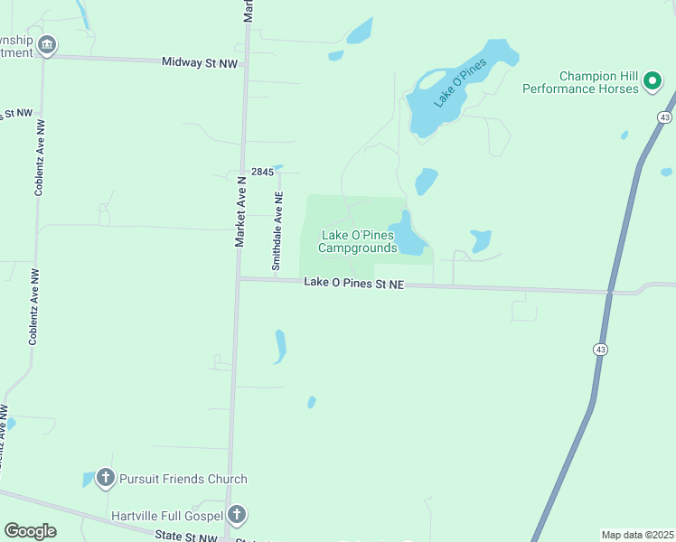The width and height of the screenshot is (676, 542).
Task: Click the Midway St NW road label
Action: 200,61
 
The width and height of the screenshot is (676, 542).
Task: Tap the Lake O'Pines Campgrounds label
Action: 359,241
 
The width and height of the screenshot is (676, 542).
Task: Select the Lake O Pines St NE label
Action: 353,283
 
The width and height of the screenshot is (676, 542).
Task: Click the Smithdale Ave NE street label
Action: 278,231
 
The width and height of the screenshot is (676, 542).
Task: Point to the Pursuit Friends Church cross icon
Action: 106,479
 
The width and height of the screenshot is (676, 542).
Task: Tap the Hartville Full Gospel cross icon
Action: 236,516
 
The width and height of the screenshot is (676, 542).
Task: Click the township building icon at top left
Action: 47,44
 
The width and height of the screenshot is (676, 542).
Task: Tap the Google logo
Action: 30,531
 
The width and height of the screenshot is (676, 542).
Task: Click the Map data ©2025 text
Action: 637,535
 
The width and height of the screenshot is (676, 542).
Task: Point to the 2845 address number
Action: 262,172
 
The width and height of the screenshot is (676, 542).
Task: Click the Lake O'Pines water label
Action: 460,82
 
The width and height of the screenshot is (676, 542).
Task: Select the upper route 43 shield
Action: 665,117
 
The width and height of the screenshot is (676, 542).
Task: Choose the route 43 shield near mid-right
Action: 601,349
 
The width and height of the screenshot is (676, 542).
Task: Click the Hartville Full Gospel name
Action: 167,516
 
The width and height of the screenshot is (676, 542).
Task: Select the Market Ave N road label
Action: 240,211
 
